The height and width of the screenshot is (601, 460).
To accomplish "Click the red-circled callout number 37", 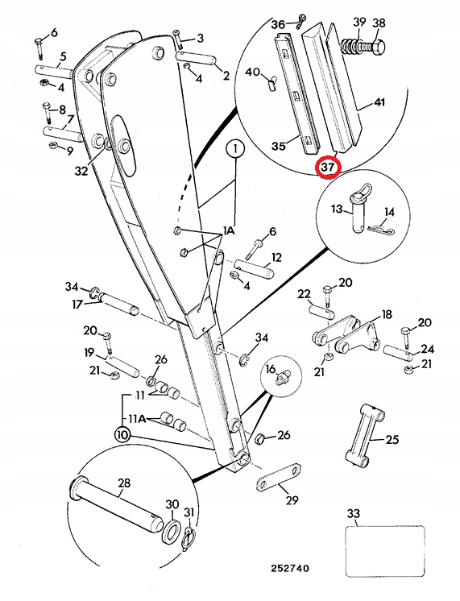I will point(328,167).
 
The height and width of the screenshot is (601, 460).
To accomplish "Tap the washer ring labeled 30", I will point(171,531).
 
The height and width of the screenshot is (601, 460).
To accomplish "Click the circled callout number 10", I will point(122,433).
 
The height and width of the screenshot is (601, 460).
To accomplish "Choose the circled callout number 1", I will point(234,149).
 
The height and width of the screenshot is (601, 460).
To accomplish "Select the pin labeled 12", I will point(255,265).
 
